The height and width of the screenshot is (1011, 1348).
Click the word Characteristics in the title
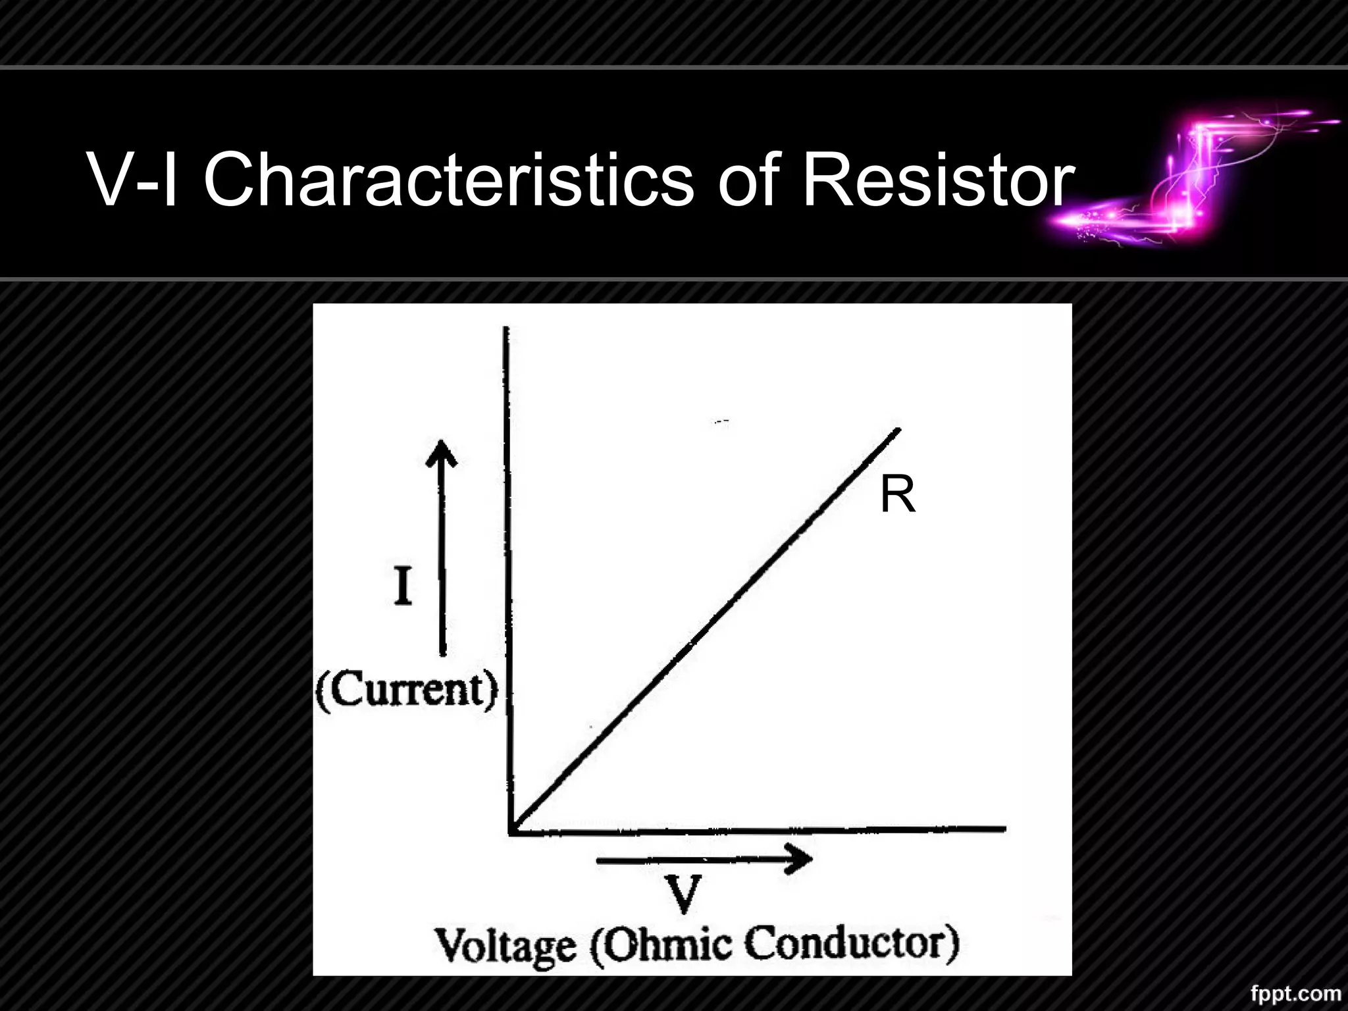(x=448, y=179)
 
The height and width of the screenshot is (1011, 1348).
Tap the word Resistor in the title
(x=937, y=179)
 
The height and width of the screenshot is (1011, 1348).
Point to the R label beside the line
(x=897, y=496)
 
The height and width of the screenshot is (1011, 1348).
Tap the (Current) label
(x=407, y=690)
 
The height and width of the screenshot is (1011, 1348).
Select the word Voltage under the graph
(x=505, y=946)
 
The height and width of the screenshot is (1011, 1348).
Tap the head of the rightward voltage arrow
(x=800, y=860)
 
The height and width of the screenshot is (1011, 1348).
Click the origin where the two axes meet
(x=512, y=831)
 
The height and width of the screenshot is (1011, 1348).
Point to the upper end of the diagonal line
(x=898, y=430)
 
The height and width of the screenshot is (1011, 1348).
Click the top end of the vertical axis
(x=506, y=329)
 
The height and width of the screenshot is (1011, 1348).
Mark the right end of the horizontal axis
(x=1003, y=829)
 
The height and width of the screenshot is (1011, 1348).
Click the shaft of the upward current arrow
(x=442, y=559)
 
